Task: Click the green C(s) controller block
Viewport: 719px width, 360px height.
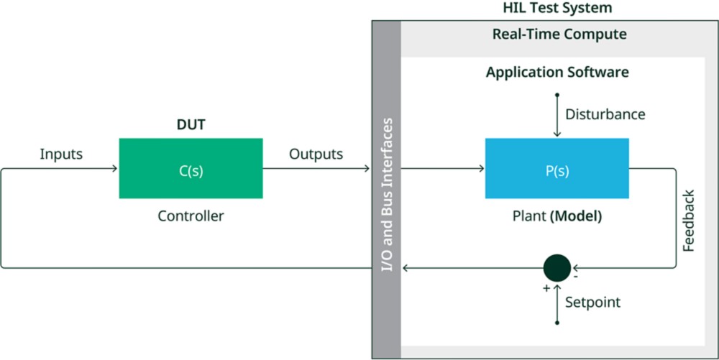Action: pos(191,168)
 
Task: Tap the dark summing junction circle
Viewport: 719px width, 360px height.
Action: pos(557,268)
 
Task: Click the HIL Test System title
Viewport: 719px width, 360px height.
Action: pos(557,9)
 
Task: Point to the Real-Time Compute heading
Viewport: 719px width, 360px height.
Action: pos(559,34)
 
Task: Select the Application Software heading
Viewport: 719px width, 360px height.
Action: pos(557,73)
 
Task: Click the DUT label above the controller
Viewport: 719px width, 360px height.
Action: pos(191,125)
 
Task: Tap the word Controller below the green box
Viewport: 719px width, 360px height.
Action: pos(191,216)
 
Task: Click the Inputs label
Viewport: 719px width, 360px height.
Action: pos(61,154)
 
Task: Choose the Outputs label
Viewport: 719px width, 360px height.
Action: pos(316,154)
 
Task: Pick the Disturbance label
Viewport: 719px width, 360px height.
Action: pos(605,114)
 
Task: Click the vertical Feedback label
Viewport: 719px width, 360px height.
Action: pos(689,221)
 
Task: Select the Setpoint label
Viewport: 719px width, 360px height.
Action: pos(592,303)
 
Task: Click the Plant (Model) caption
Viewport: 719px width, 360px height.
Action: pos(557,216)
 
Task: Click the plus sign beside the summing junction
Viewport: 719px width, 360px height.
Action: pos(546,287)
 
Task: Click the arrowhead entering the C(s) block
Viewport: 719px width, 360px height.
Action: pos(114,169)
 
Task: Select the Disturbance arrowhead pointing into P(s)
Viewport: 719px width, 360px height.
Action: pos(557,134)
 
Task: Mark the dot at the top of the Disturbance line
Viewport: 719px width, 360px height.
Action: pos(557,94)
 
